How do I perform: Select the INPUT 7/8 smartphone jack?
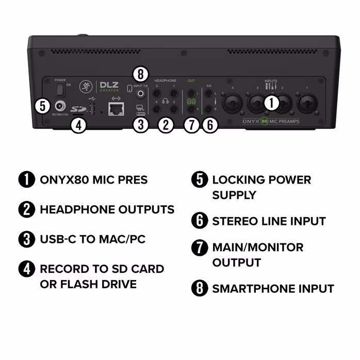[139, 94]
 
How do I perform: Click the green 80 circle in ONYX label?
[264, 122]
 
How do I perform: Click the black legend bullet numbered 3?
[26, 239]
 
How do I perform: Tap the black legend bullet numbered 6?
[199, 221]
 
